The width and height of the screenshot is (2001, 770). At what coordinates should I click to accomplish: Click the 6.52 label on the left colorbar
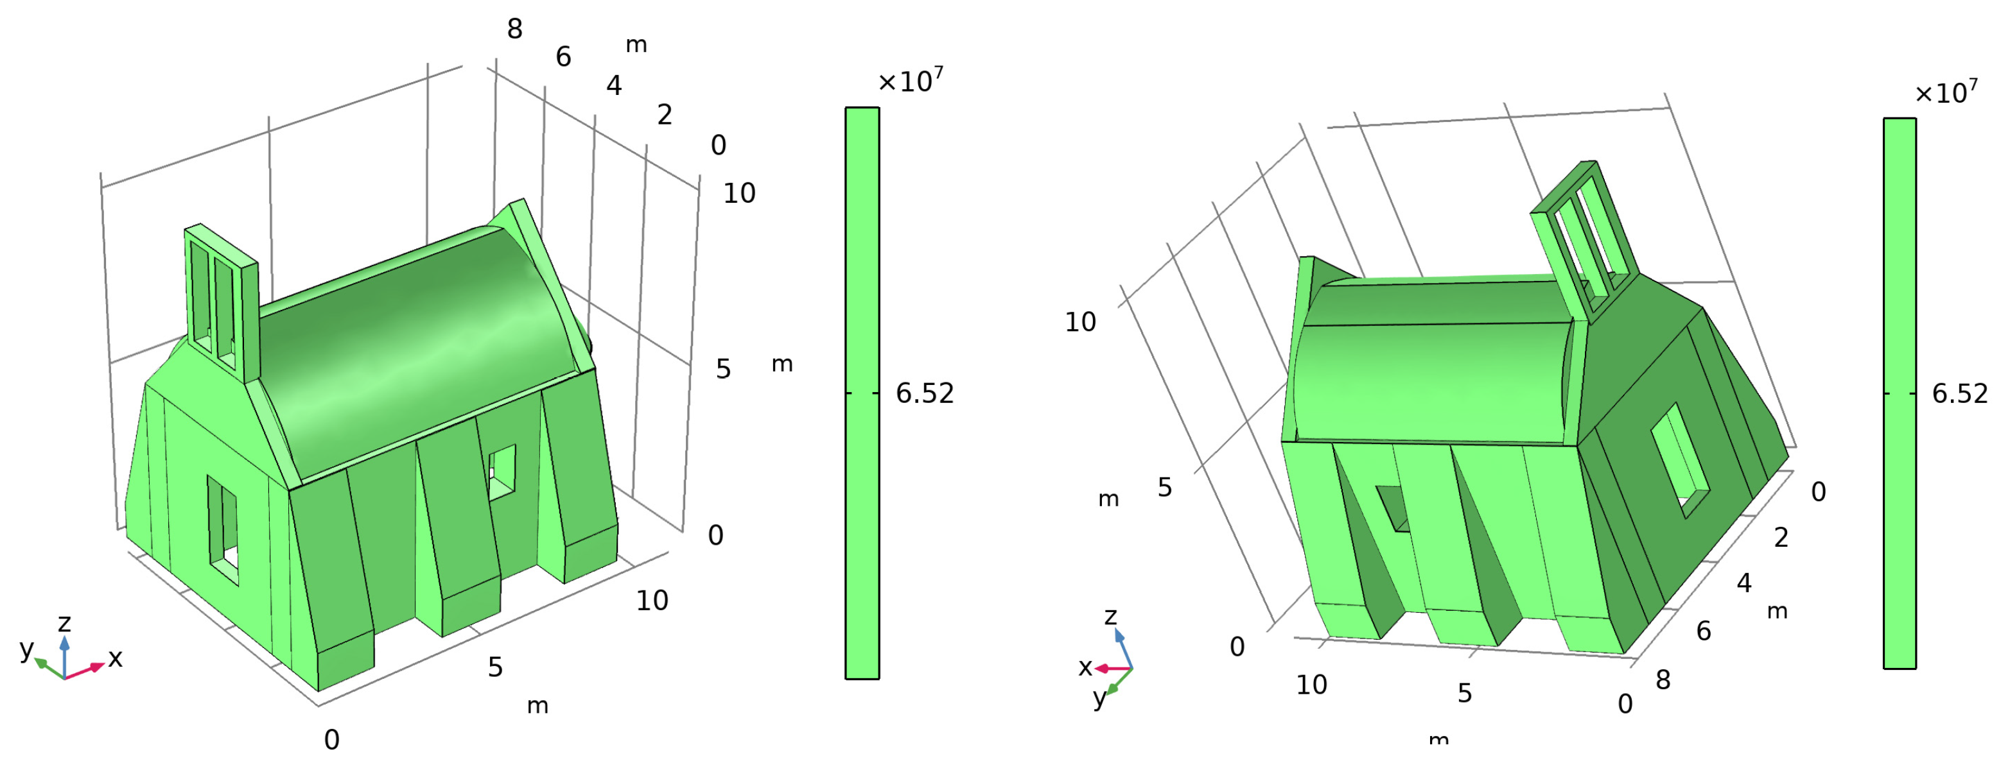tap(924, 393)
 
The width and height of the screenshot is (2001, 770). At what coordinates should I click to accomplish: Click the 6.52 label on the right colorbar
tap(1960, 393)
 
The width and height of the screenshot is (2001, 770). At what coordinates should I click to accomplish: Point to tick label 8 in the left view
tap(515, 30)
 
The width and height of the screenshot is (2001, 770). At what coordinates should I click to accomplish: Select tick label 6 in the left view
tap(564, 56)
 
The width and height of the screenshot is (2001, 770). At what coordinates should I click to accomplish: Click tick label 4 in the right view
tap(1745, 583)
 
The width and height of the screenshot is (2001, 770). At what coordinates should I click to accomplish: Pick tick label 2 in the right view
tap(1781, 537)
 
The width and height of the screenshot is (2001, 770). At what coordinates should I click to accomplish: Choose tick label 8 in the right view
tap(1663, 680)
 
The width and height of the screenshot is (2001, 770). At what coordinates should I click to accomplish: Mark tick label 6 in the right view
tap(1704, 631)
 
